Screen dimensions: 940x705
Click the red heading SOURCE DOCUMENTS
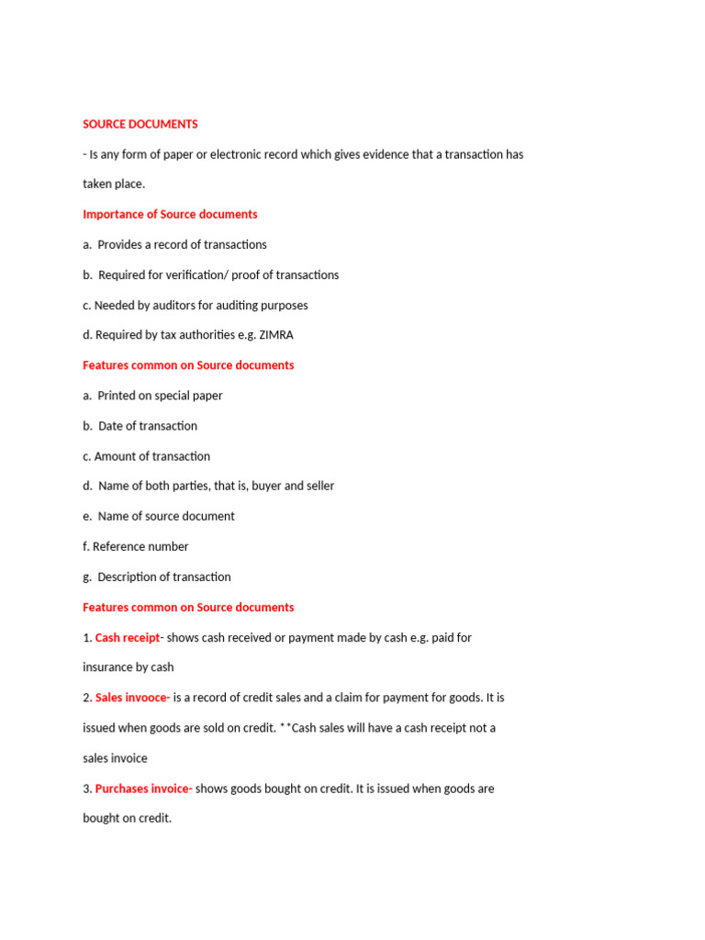click(140, 124)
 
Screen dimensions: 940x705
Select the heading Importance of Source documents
click(170, 214)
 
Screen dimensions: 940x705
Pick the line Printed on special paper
click(160, 396)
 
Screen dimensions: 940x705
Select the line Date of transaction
click(147, 426)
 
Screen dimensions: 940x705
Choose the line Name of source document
click(166, 516)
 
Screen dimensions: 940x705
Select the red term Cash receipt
click(128, 637)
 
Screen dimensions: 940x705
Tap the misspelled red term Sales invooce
click(132, 698)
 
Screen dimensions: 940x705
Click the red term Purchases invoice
click(143, 789)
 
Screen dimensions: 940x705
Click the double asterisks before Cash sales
click(285, 728)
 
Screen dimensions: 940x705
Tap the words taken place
click(114, 185)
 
